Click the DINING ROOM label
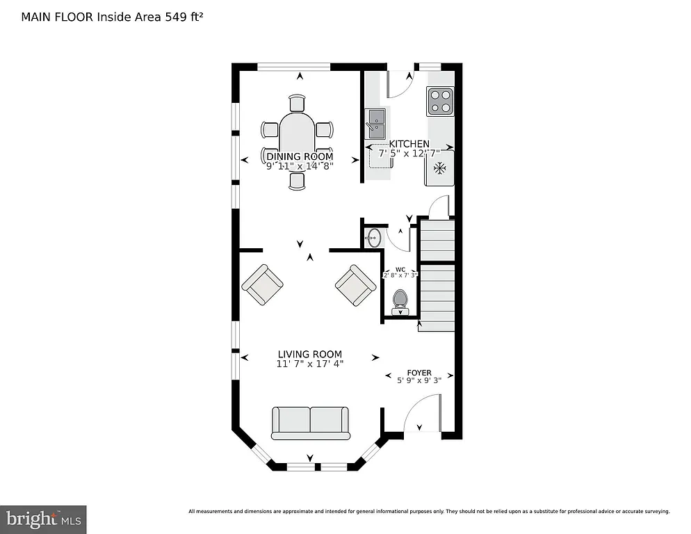(300, 156)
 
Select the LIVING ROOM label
(310, 354)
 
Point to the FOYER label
(419, 373)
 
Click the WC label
(400, 269)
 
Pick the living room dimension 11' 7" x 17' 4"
(310, 364)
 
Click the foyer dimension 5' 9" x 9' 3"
(419, 381)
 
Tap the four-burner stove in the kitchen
(440, 100)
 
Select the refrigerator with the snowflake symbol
(439, 168)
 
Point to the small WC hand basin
(373, 238)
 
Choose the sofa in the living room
(310, 423)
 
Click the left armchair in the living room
(262, 284)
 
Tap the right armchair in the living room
(356, 284)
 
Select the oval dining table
(297, 139)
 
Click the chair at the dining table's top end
(297, 103)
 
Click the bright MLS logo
(43, 519)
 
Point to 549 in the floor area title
(174, 17)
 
